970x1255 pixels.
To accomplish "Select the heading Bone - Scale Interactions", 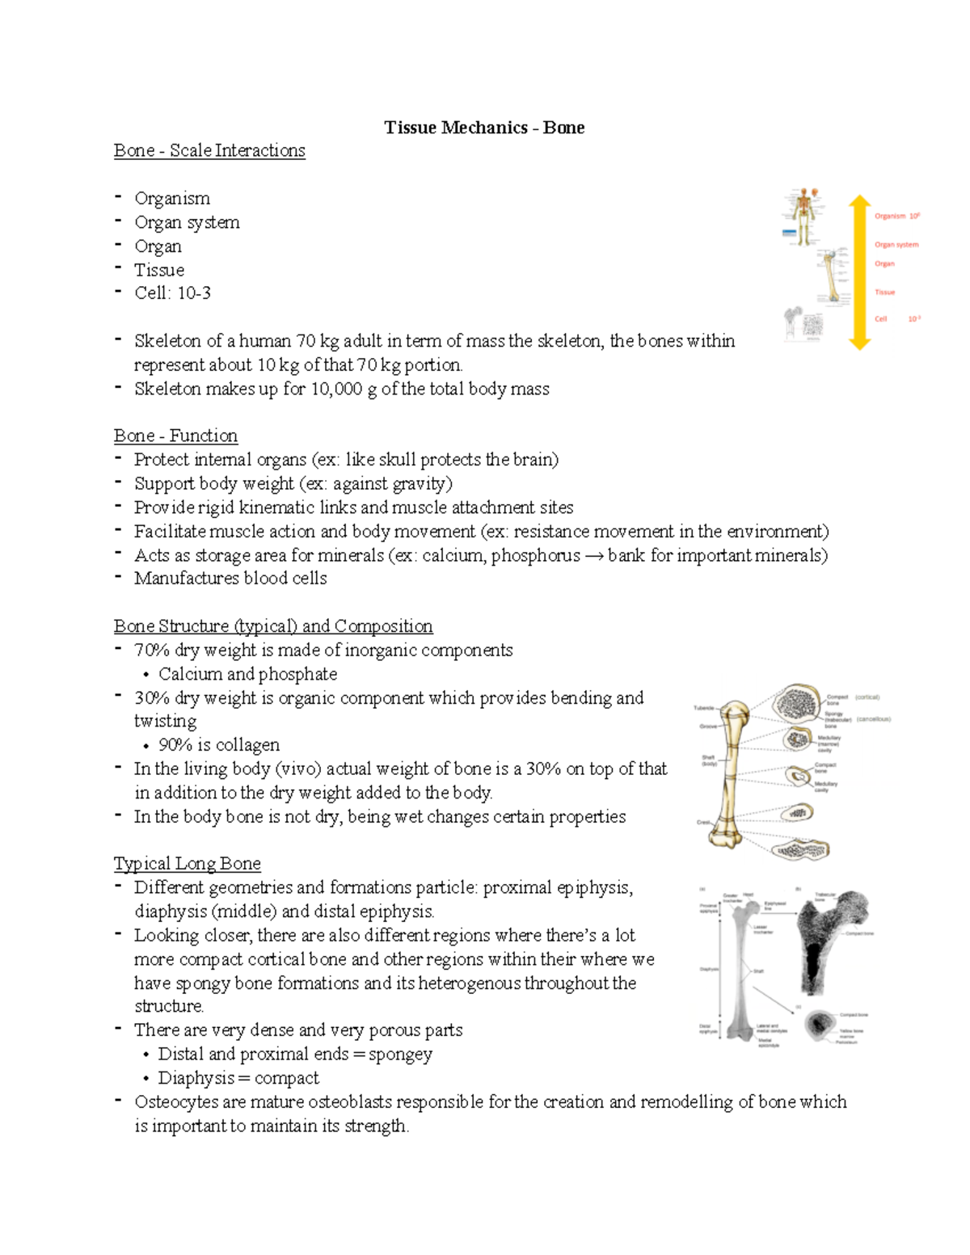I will coord(209,150).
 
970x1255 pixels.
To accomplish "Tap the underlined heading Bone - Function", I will coord(175,436).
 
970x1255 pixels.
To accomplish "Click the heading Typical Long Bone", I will coord(187,863).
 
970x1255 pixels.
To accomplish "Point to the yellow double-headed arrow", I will coord(860,272).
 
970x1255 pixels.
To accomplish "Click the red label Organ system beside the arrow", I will coord(896,245).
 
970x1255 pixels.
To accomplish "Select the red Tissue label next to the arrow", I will coord(884,293).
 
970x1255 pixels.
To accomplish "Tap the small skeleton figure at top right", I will coord(803,217).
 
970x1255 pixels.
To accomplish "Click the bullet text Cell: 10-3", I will coord(172,293).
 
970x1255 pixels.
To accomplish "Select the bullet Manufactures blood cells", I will coord(230,579).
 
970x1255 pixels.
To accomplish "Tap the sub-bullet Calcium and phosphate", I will coord(247,674).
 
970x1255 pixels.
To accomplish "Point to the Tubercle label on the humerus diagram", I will coord(703,708).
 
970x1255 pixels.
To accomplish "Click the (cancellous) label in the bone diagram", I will coord(873,718).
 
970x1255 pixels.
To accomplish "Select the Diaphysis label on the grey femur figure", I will coord(708,968).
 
